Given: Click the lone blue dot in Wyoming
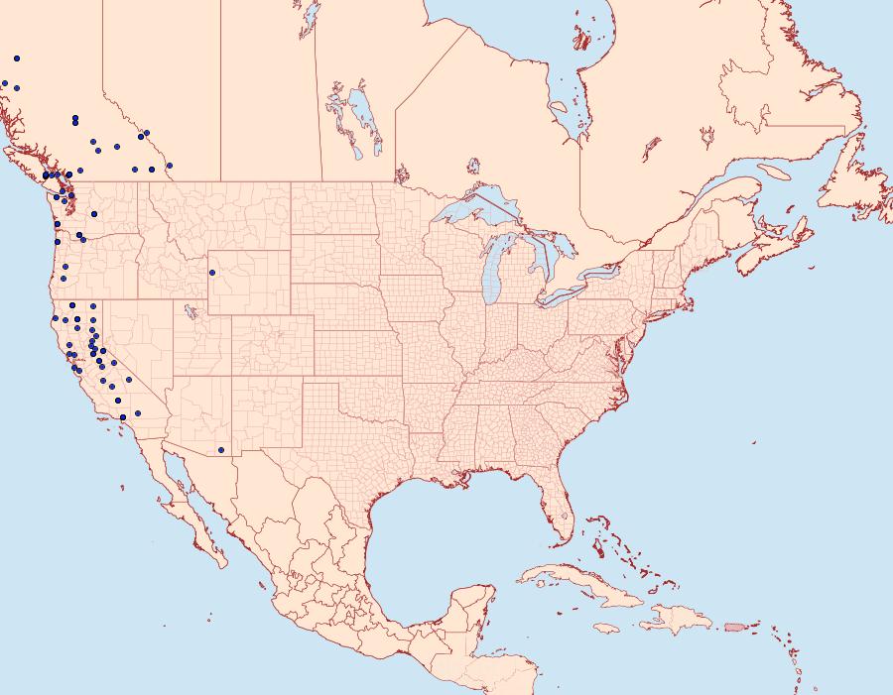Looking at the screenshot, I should pos(211,273).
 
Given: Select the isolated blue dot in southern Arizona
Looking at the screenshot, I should pos(221,450).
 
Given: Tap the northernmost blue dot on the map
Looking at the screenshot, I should pos(17,58).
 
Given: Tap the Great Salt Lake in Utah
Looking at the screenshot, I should pos(186,309).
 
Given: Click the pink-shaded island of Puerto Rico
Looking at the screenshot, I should pos(733,627).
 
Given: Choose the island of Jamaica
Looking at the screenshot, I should pos(607,628).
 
